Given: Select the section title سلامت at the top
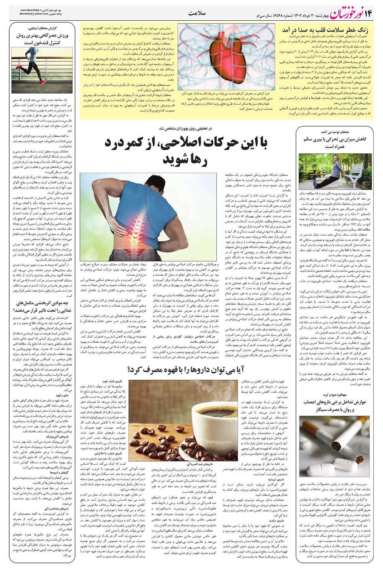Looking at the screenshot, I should pos(197,13).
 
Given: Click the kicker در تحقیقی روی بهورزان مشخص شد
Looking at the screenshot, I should pos(191,128).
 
